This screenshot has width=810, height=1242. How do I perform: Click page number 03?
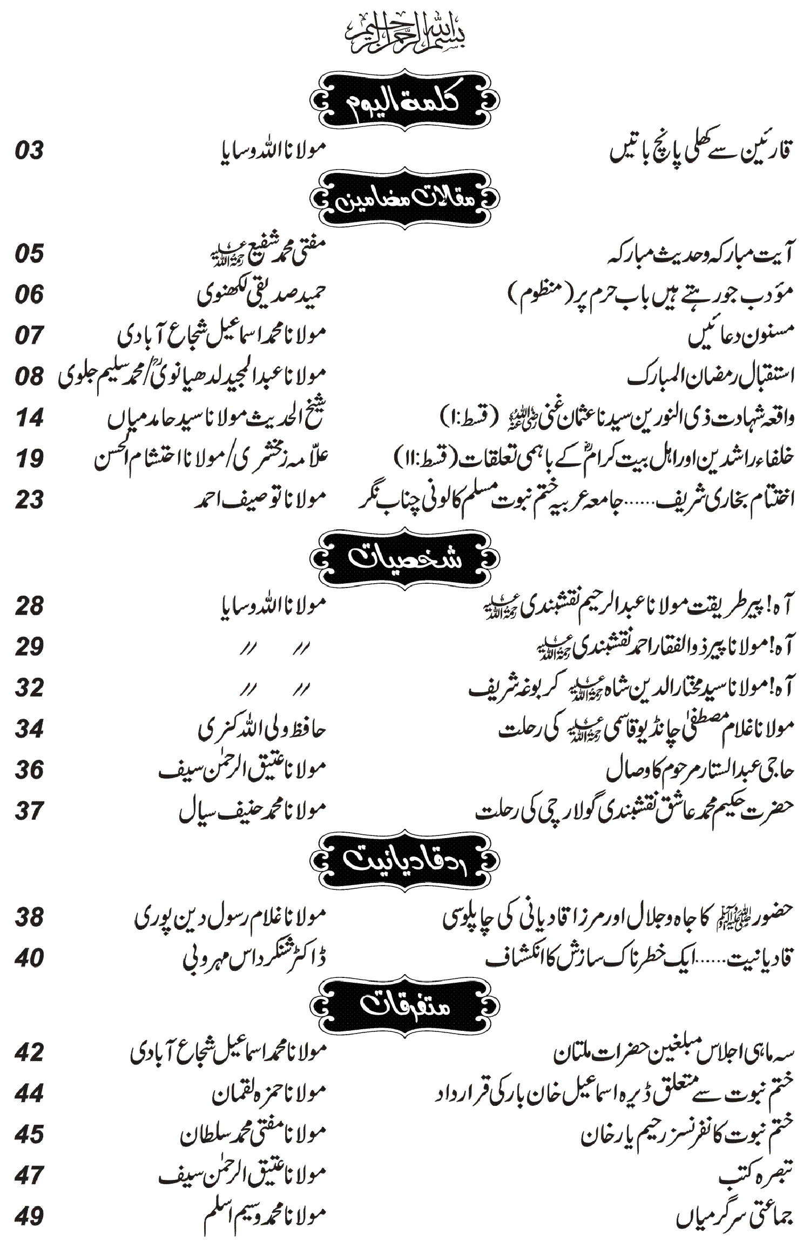click(29, 151)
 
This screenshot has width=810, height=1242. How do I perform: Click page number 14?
click(29, 417)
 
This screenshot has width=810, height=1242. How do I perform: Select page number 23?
click(29, 500)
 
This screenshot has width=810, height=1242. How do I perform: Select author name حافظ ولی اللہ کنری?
click(262, 730)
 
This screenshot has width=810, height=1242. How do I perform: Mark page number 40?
click(29, 958)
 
